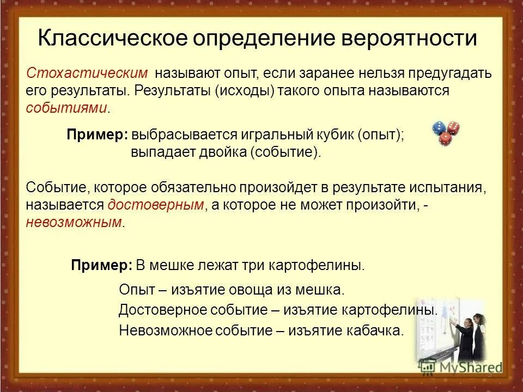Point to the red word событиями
[x=66, y=108]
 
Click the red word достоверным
[x=156, y=205]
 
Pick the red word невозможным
[x=74, y=222]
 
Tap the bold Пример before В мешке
[x=101, y=266]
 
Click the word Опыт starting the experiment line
[x=135, y=290]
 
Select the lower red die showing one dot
[x=446, y=140]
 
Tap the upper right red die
[x=453, y=127]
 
